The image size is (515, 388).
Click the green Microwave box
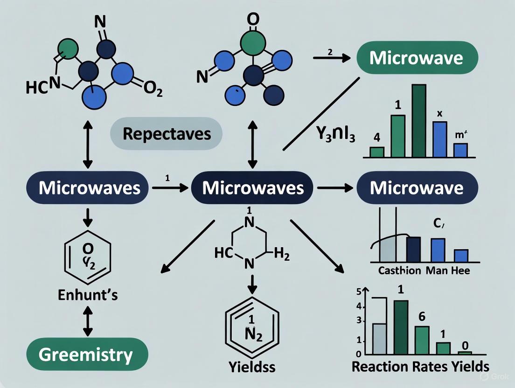417,59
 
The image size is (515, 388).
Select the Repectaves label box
167,134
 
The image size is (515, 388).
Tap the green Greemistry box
86,355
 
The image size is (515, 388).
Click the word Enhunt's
88,295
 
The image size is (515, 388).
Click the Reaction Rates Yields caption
420,366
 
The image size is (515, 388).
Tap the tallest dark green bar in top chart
419,121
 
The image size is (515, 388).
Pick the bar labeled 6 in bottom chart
422,340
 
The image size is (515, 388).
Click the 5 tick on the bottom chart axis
359,292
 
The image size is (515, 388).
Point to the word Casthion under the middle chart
400,270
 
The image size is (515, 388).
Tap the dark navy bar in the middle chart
413,250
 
